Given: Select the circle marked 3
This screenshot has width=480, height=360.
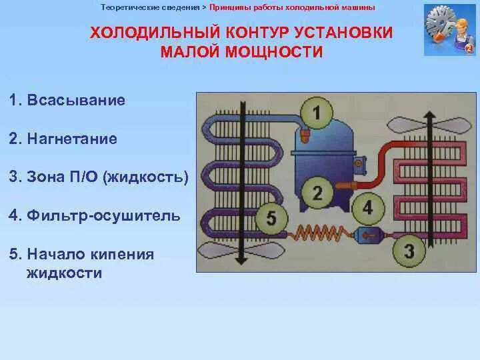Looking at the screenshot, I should [x=408, y=251].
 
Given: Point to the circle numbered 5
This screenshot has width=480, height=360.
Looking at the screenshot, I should [x=269, y=218].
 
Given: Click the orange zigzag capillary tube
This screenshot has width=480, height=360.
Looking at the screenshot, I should [x=318, y=234].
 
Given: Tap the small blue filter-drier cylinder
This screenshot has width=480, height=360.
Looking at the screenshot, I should [x=369, y=235].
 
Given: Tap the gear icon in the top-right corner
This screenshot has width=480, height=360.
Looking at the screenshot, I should [x=441, y=25].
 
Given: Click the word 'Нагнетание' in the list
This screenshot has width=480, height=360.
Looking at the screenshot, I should [x=72, y=139].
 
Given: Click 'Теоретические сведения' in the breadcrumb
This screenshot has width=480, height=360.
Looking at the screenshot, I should [x=150, y=8].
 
